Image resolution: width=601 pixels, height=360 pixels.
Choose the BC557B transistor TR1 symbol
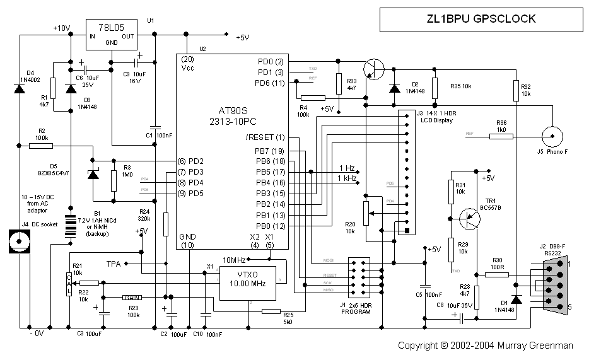click(x=469, y=218)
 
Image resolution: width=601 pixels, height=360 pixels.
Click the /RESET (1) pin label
click(x=265, y=137)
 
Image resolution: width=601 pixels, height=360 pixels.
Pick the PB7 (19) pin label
click(x=271, y=151)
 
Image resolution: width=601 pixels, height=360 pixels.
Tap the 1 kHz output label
click(x=347, y=178)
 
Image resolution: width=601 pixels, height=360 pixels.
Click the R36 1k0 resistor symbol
click(x=501, y=135)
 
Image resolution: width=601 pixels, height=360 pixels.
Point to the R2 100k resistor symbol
click(x=41, y=146)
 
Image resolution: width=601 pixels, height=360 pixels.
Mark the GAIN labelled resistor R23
click(x=132, y=297)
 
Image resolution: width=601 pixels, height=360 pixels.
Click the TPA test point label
click(x=114, y=263)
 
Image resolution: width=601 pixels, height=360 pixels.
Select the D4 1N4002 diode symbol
click(x=20, y=89)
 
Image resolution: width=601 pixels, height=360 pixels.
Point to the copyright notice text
click(x=486, y=345)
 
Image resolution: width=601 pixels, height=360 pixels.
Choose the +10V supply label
click(x=61, y=28)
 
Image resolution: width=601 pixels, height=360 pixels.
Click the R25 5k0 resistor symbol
click(x=271, y=311)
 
